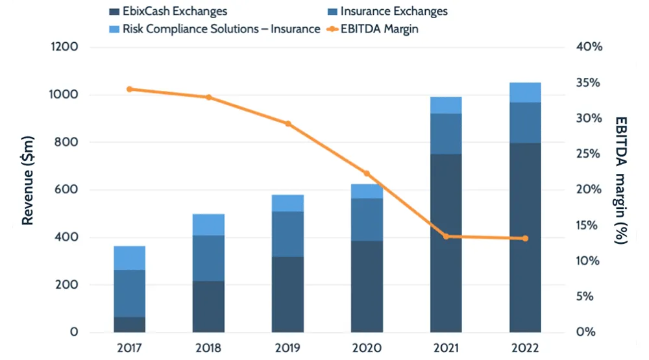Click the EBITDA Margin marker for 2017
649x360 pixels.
click(x=130, y=89)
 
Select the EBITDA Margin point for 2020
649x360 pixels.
click(x=367, y=174)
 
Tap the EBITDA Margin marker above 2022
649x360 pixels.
click(x=525, y=239)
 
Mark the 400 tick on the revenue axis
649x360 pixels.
click(x=66, y=237)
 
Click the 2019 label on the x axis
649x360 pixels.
click(x=288, y=348)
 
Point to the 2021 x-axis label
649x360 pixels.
click(x=446, y=348)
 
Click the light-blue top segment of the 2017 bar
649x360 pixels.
click(x=130, y=258)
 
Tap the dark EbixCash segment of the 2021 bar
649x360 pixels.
click(x=446, y=243)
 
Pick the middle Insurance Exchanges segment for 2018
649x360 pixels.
click(x=209, y=258)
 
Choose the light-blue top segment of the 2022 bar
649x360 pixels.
click(x=525, y=93)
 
